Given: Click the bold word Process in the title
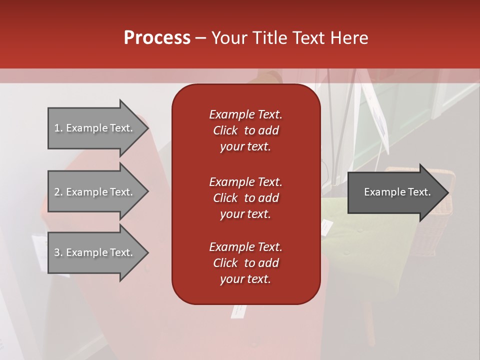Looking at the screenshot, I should [x=157, y=38].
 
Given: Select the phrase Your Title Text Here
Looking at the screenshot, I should [x=289, y=38].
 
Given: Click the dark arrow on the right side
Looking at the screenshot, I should [x=397, y=192].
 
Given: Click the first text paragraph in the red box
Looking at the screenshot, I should [x=245, y=130].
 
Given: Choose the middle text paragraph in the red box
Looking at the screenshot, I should [x=245, y=197].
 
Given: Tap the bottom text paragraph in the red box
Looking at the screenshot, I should [x=245, y=263].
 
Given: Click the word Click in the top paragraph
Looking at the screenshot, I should [x=225, y=130].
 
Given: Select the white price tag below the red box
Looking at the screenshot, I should [x=238, y=311].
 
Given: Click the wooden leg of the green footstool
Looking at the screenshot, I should [x=369, y=325].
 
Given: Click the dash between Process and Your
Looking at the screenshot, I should [x=200, y=38].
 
